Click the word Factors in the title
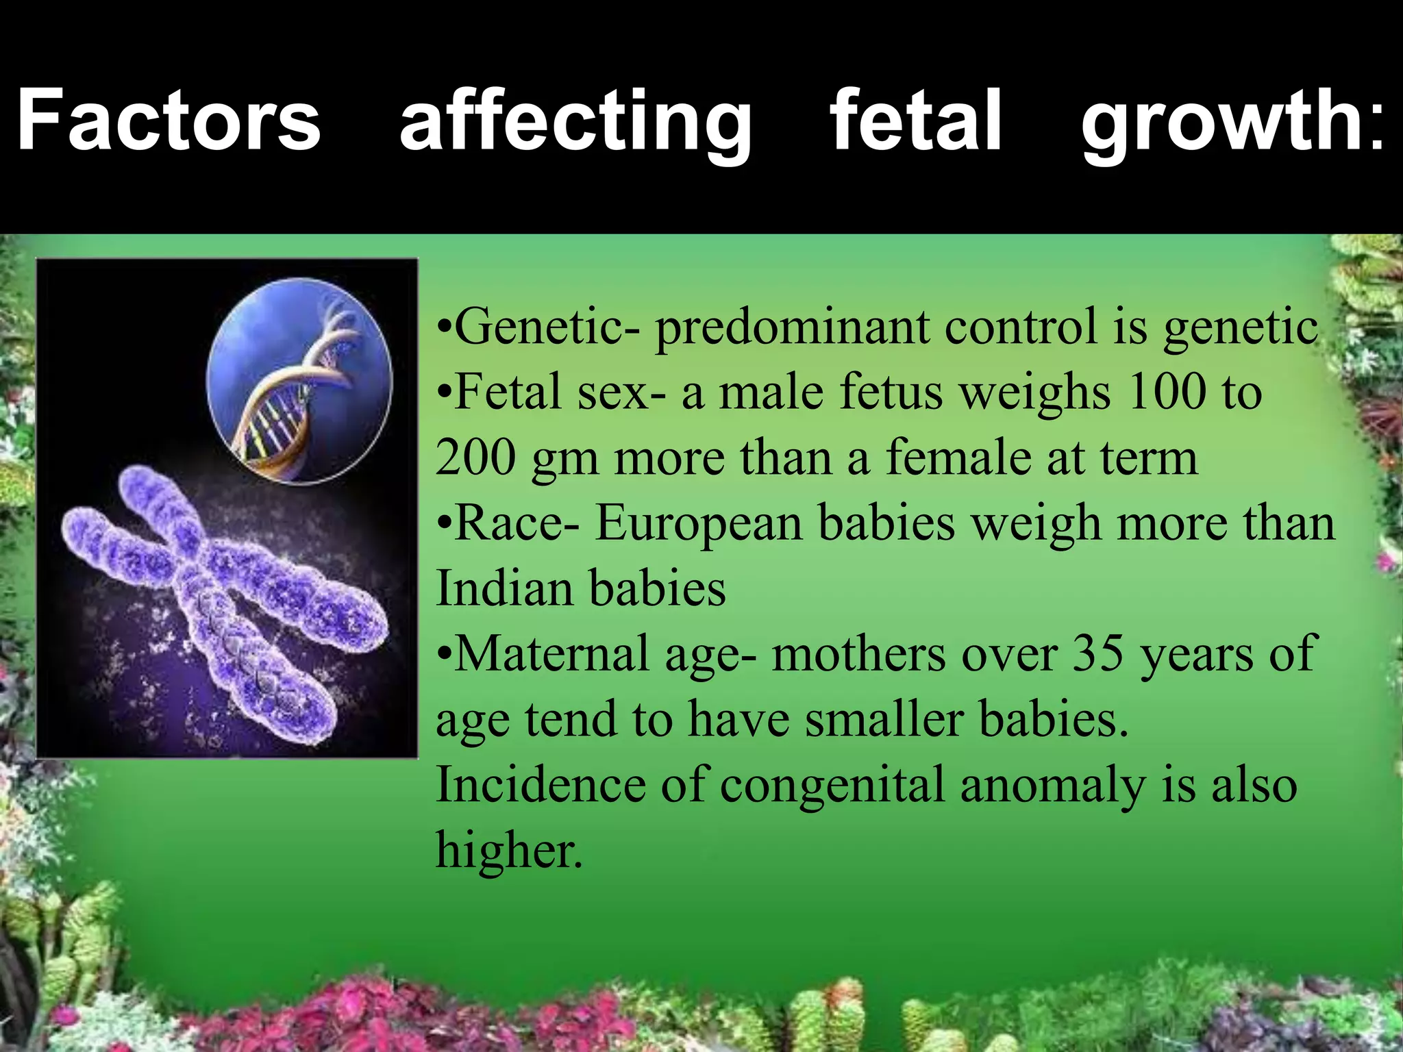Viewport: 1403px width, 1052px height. pos(169,120)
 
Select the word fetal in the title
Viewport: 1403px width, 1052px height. pos(916,120)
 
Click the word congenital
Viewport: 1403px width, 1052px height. pos(832,786)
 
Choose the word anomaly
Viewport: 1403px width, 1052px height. pos(1052,786)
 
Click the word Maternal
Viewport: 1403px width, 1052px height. pos(551,653)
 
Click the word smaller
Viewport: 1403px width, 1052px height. pos(884,721)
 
